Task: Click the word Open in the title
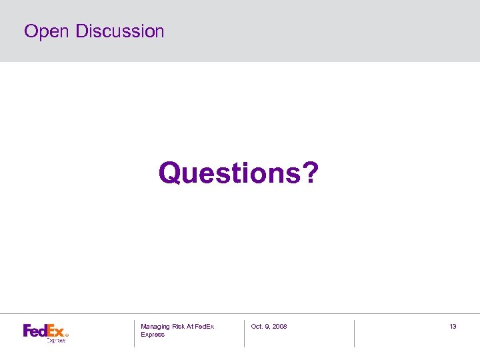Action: [x=47, y=32]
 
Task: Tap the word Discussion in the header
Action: [x=120, y=31]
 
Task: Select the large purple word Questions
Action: [x=231, y=173]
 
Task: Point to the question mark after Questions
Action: [x=311, y=173]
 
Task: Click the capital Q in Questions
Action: [x=170, y=174]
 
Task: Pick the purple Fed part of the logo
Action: [x=34, y=330]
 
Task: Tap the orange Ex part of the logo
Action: [x=55, y=330]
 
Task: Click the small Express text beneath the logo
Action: [x=56, y=340]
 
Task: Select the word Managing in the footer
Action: [x=155, y=327]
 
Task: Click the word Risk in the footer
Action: [x=179, y=327]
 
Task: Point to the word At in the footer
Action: [x=192, y=327]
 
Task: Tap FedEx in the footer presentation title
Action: [x=206, y=327]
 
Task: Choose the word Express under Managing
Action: [x=153, y=335]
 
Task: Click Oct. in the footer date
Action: [x=257, y=327]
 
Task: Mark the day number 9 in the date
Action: [x=267, y=327]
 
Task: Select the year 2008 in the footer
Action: [x=280, y=327]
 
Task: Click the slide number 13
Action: [x=453, y=327]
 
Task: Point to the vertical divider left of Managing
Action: [x=134, y=333]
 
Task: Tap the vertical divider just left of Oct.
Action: [x=244, y=333]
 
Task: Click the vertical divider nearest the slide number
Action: [x=354, y=333]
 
